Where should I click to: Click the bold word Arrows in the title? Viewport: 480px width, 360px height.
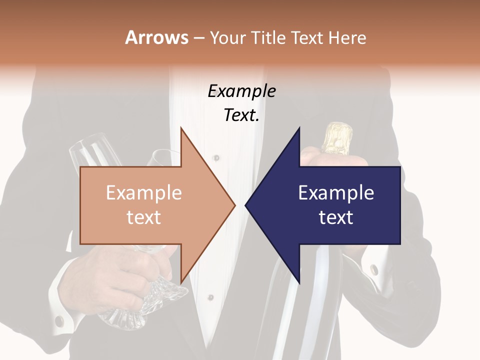(x=157, y=37)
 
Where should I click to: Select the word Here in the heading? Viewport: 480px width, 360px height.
(x=346, y=37)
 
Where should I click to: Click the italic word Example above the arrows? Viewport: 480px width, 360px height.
(x=241, y=91)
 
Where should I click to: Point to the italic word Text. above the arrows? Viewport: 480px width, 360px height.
(x=241, y=115)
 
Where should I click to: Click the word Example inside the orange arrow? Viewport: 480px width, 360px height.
(x=144, y=192)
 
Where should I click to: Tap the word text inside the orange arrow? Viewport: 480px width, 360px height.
(x=144, y=217)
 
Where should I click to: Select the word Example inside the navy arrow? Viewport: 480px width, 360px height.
(x=336, y=192)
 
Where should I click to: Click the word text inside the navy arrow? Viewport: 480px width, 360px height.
(x=336, y=217)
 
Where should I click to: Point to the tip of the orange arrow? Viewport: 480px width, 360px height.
(x=234, y=205)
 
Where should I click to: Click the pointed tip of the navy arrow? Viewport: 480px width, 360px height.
(x=246, y=205)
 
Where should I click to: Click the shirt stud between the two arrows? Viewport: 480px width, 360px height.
(x=216, y=158)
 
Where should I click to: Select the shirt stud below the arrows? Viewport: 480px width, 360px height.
(x=211, y=297)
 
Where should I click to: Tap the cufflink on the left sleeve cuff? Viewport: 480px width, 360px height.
(x=59, y=319)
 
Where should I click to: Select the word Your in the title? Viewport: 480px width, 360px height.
(x=228, y=37)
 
